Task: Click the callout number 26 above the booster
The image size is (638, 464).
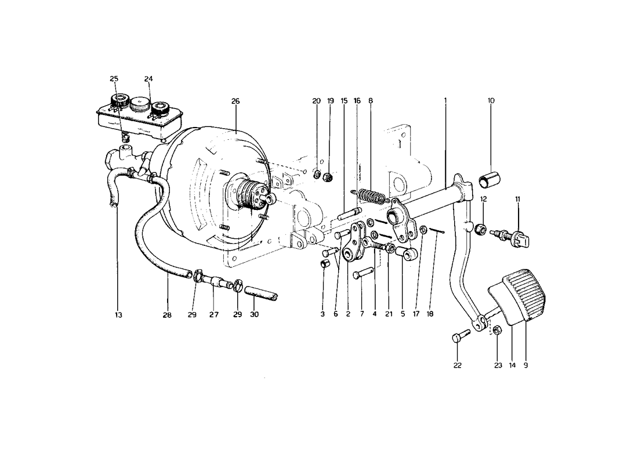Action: (235, 101)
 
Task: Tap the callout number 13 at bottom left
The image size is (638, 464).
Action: (118, 315)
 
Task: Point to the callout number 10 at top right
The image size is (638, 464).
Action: (491, 101)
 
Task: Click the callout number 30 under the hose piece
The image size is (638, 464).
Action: (254, 315)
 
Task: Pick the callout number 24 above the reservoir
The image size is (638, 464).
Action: (148, 79)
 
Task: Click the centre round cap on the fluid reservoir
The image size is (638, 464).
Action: (139, 106)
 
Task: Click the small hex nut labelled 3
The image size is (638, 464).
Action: (325, 264)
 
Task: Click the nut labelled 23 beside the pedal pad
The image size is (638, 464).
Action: (497, 331)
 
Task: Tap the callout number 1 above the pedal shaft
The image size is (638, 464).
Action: (445, 101)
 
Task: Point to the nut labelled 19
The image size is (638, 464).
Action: (328, 176)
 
